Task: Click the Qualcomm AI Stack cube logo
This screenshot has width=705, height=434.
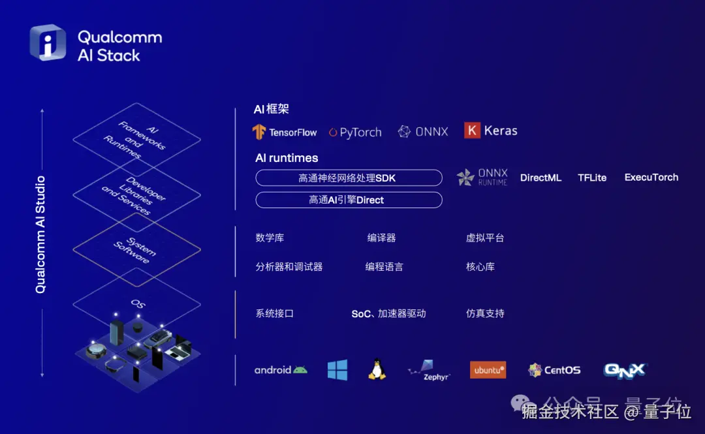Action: coord(48,43)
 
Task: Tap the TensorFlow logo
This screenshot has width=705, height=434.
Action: coord(285,132)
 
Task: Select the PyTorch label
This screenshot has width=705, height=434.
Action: coord(356,132)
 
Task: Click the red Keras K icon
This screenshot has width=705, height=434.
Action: coord(472,131)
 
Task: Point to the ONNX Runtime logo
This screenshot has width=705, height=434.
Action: coord(482,178)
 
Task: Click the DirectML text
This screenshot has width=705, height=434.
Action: coord(540,178)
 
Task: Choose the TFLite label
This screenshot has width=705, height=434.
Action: coord(592,178)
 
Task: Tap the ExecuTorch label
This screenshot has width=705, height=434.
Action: coord(651,178)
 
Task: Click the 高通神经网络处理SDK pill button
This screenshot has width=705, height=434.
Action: coord(349,178)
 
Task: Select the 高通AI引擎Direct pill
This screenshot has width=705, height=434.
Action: coord(349,200)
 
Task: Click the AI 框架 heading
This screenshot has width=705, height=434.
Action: coord(271,110)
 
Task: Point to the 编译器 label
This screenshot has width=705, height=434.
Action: coord(381,238)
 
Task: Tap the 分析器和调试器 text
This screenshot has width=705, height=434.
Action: coord(289,267)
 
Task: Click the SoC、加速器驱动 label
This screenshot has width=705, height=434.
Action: coord(388,314)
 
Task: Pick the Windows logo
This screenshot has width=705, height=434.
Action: coord(337,370)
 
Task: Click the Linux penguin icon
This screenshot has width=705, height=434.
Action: coord(376,369)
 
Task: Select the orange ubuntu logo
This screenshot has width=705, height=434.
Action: coord(488,370)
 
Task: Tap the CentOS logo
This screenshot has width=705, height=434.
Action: coord(554,370)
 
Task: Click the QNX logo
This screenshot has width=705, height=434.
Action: coord(624,370)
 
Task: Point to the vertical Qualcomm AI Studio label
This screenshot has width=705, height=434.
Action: coord(40,234)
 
